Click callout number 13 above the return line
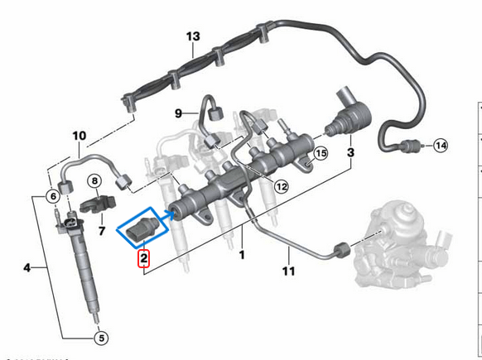pyautogui.click(x=193, y=37)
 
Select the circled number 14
pyautogui.click(x=441, y=146)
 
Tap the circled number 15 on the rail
pyautogui.click(x=321, y=153)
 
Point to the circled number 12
pyautogui.click(x=282, y=187)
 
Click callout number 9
pyautogui.click(x=177, y=113)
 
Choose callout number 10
pyautogui.click(x=80, y=135)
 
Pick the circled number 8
pyautogui.click(x=94, y=180)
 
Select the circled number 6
pyautogui.click(x=52, y=196)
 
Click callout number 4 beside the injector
pyautogui.click(x=27, y=267)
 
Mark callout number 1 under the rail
pyautogui.click(x=242, y=255)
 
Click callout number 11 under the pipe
pyautogui.click(x=288, y=271)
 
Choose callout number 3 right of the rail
pyautogui.click(x=350, y=153)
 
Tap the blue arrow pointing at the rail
pyautogui.click(x=165, y=217)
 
